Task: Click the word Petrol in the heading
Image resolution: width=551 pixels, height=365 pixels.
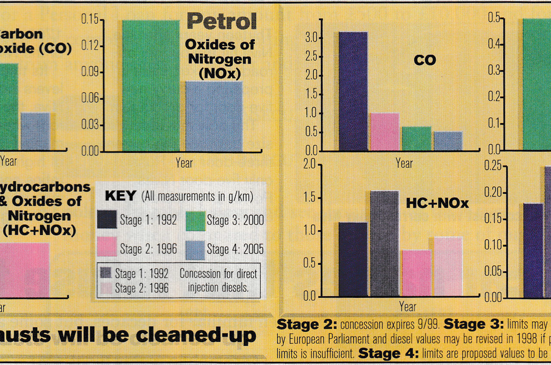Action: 221,22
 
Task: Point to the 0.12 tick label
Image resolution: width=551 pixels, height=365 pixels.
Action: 90,45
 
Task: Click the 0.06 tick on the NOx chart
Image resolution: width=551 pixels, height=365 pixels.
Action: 90,98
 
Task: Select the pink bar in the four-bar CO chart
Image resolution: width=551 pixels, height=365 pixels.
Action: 385,132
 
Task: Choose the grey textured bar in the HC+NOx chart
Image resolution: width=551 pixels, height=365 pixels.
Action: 385,243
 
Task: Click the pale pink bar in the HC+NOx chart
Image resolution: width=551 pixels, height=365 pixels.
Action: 448,266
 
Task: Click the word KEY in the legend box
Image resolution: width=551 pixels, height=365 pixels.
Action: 120,196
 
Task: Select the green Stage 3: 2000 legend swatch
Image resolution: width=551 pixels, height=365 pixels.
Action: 195,220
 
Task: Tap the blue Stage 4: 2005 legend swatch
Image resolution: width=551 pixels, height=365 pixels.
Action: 195,249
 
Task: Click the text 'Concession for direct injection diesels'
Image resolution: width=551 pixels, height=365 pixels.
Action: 218,281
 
